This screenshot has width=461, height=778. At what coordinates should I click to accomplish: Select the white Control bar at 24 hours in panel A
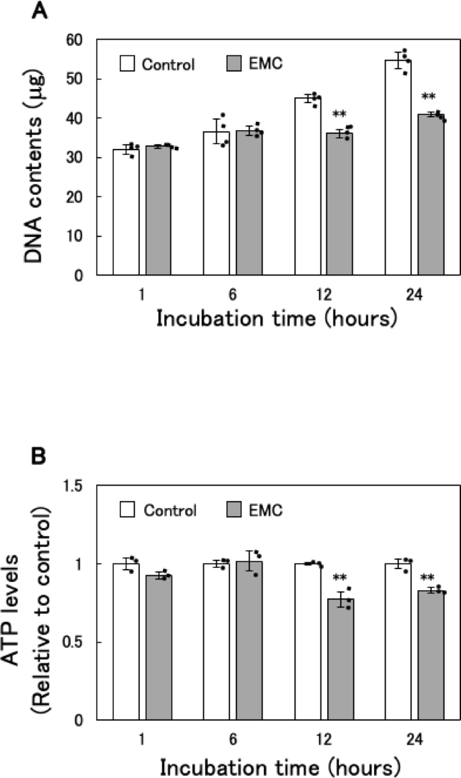pos(398,168)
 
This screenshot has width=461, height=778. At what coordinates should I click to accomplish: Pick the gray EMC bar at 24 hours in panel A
pos(431,195)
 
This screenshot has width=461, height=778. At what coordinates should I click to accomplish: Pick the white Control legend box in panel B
pos(129,509)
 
